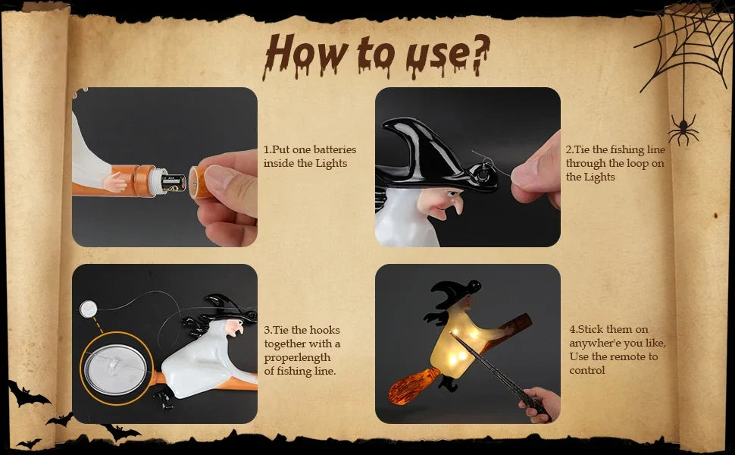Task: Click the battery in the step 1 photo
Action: click(x=174, y=183)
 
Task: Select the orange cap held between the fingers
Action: click(x=199, y=181)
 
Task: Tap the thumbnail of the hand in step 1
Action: click(x=220, y=177)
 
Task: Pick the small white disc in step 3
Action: click(x=88, y=309)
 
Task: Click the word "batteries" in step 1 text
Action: click(x=335, y=149)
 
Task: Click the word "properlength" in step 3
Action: click(x=297, y=358)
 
